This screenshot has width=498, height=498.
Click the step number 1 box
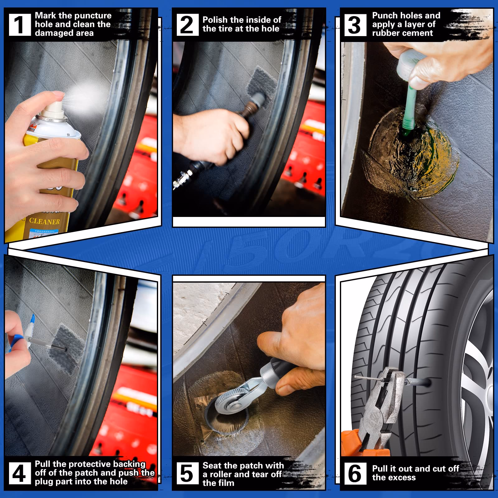click(x=20, y=25)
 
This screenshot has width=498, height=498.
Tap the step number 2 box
click(x=187, y=25)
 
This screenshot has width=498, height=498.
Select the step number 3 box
click(x=355, y=25)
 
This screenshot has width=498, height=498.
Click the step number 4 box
click(x=20, y=473)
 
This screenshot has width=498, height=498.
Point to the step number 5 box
click(x=187, y=473)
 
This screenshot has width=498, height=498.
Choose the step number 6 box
click(x=355, y=473)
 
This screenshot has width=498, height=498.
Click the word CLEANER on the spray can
click(x=44, y=221)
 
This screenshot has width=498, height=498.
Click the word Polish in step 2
click(x=215, y=20)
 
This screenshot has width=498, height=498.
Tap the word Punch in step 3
click(x=385, y=16)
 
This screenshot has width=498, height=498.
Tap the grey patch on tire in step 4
click(x=67, y=345)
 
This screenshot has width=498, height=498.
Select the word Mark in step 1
click(x=45, y=16)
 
